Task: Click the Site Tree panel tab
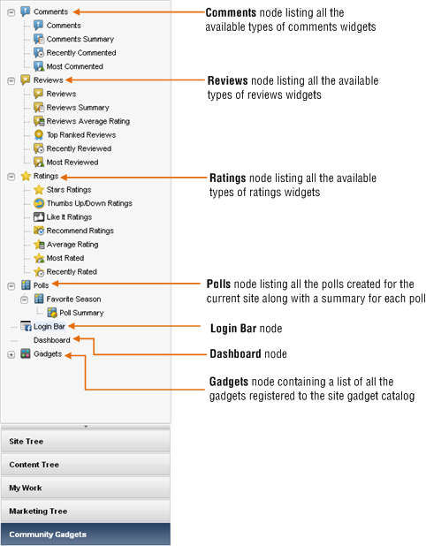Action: [86, 441]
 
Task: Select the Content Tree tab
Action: [86, 465]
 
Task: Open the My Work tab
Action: [86, 488]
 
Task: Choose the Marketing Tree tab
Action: [86, 512]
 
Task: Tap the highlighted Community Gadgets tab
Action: [86, 535]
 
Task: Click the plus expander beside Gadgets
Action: [11, 354]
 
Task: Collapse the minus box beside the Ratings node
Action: [11, 177]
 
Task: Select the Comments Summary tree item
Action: [80, 39]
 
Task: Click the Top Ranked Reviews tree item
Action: [81, 135]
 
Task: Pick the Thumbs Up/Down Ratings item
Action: [89, 203]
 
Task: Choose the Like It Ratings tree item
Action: [69, 217]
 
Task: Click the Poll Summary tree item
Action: [81, 313]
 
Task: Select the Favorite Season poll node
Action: [74, 299]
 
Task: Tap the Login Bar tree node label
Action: [49, 326]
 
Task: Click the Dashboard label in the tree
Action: [52, 340]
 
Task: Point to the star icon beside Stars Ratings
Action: [39, 189]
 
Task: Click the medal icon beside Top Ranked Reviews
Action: [39, 135]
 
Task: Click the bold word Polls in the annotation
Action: [218, 284]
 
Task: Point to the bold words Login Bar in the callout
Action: [233, 329]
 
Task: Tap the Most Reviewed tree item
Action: [72, 163]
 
